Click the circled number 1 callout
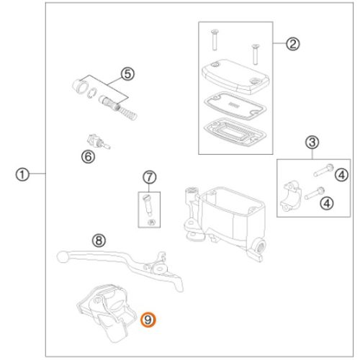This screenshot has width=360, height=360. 22,174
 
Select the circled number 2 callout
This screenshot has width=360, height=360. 292,44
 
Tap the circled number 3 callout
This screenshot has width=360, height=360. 312,143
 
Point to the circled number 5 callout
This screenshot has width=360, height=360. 127,74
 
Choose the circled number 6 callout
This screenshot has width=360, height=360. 89,157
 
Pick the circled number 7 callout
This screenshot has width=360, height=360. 150,177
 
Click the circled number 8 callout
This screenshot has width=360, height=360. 99,240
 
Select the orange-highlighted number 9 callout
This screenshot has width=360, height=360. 148,320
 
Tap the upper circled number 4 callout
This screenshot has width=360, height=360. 341,175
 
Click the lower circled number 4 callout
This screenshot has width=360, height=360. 327,204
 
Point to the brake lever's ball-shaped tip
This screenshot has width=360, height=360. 63,256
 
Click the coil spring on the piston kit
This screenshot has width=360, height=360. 127,111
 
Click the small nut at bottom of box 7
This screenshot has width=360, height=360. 151,222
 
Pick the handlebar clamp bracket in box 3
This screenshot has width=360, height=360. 291,197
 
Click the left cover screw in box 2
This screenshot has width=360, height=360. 215,40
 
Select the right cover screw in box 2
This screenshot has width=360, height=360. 256,54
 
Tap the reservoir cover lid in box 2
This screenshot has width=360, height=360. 235,76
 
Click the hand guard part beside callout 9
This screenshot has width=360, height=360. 107,312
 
